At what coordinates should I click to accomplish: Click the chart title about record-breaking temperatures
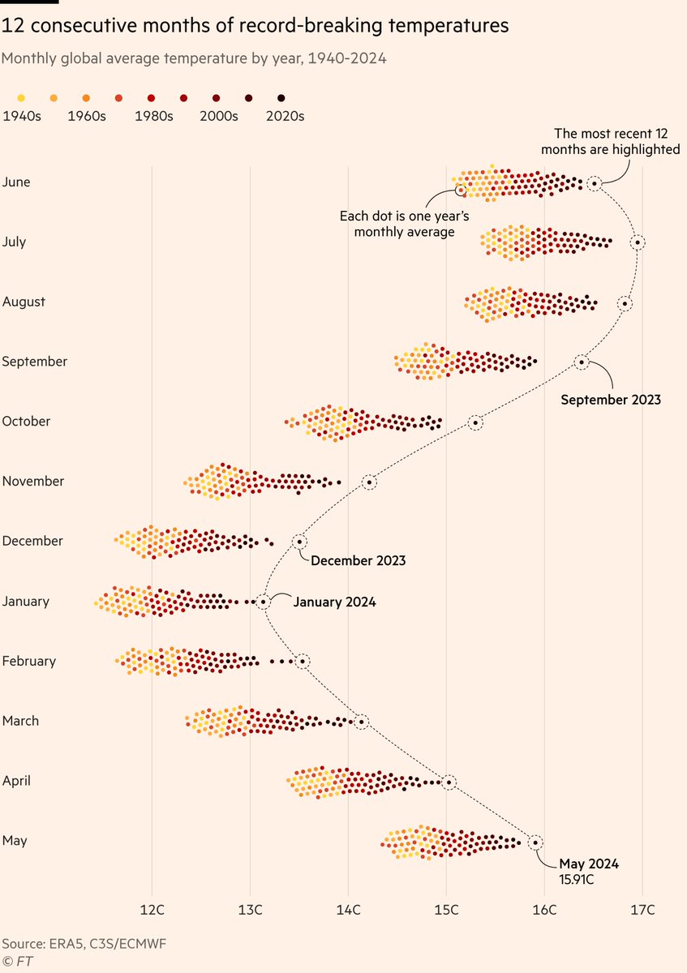click(x=255, y=27)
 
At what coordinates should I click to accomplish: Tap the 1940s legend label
click(x=22, y=116)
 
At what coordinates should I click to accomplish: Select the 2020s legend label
click(x=285, y=116)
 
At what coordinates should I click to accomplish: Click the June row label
click(x=16, y=182)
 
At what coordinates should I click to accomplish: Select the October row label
click(x=26, y=422)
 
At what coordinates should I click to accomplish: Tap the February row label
click(x=29, y=661)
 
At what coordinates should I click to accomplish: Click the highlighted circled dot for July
click(x=638, y=242)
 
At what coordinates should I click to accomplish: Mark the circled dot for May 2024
click(x=535, y=842)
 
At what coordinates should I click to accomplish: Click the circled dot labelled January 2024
click(x=263, y=602)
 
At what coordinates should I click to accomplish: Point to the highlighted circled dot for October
click(x=475, y=422)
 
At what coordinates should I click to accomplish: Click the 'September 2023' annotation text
click(x=611, y=400)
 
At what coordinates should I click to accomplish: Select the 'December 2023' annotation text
click(x=358, y=560)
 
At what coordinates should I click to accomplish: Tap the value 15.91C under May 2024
click(x=577, y=879)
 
